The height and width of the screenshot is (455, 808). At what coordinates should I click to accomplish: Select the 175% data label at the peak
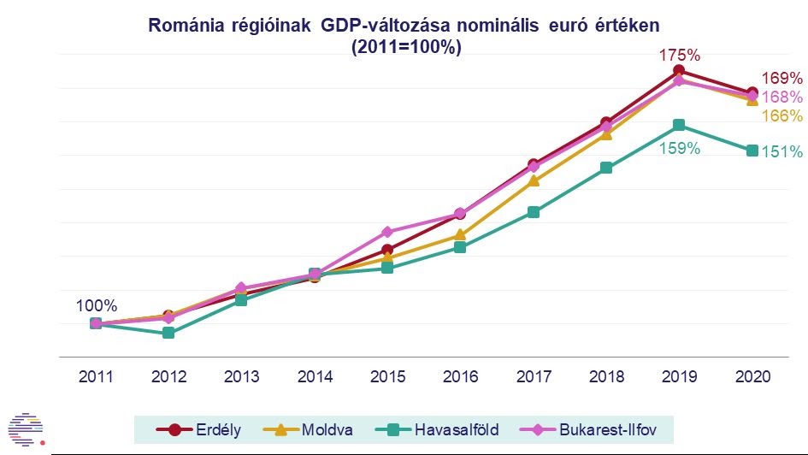tap(679, 56)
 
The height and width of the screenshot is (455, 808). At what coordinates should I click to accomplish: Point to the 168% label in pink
tap(782, 97)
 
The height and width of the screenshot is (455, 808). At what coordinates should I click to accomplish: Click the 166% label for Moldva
tap(782, 115)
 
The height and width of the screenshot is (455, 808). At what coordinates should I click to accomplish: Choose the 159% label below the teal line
tap(680, 148)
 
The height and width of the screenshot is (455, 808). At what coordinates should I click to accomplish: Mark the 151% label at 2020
tap(782, 152)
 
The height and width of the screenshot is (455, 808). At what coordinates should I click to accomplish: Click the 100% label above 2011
tap(97, 305)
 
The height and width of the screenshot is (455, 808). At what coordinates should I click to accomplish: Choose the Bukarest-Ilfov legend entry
tap(603, 428)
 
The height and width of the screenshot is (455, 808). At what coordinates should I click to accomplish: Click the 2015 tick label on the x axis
tap(387, 376)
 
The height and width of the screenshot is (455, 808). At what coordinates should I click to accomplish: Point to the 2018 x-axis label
tap(605, 376)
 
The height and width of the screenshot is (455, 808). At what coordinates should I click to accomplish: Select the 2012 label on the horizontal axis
tap(168, 376)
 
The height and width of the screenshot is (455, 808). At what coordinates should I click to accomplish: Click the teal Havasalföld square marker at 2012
tap(168, 333)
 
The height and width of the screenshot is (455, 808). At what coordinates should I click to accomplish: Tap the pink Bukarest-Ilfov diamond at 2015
tap(387, 232)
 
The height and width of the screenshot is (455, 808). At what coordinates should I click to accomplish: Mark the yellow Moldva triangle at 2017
tap(533, 180)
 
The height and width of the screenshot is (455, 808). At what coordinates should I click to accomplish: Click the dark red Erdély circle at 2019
tap(679, 70)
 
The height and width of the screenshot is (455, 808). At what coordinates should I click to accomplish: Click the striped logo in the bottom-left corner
tap(25, 428)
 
